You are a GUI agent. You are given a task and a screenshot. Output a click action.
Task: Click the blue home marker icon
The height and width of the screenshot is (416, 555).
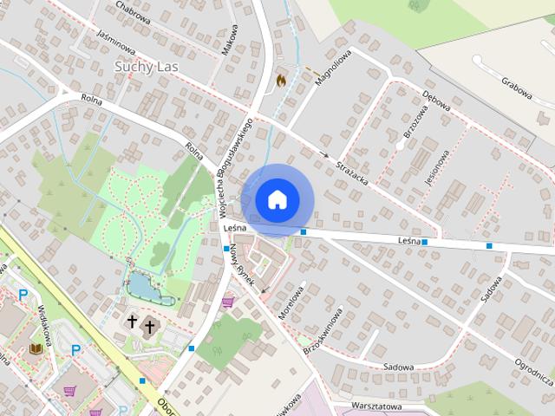[276, 200]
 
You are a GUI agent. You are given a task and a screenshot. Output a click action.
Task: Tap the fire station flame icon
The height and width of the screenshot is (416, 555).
[281, 78]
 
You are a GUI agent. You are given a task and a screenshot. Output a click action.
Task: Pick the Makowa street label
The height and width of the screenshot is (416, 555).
[230, 39]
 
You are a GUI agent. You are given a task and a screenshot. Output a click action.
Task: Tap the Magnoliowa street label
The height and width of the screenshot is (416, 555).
[330, 68]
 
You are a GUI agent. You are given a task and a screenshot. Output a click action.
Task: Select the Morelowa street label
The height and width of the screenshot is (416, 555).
[294, 302]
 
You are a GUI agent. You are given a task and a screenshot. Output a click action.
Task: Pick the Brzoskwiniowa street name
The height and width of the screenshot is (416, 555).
[323, 329]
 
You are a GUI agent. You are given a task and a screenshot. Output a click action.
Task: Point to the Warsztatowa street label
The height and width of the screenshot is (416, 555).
[378, 406]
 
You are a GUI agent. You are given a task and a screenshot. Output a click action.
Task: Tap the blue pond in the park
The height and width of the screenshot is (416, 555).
[140, 285]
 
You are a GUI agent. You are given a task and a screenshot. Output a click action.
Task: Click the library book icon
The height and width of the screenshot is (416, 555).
[36, 348]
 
